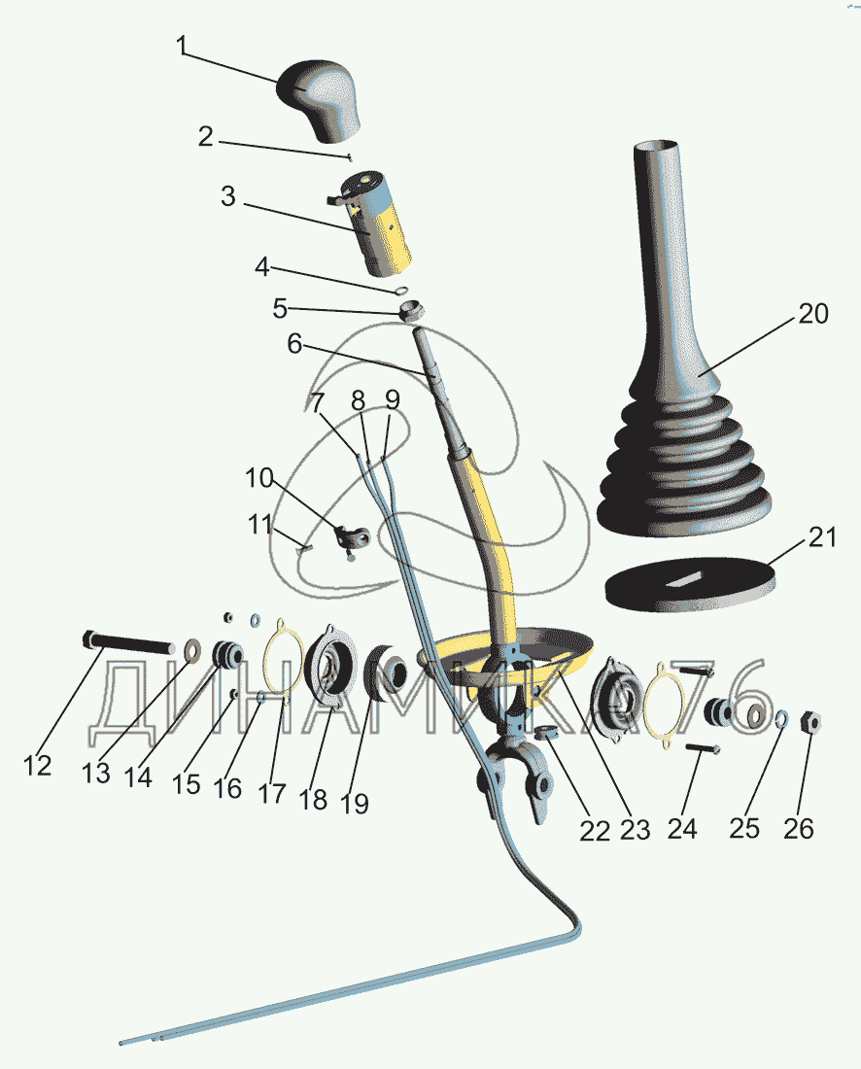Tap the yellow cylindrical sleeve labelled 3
coord(379,224)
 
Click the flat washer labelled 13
coord(191,646)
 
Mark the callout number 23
coord(635,829)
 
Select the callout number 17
coord(273,792)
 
